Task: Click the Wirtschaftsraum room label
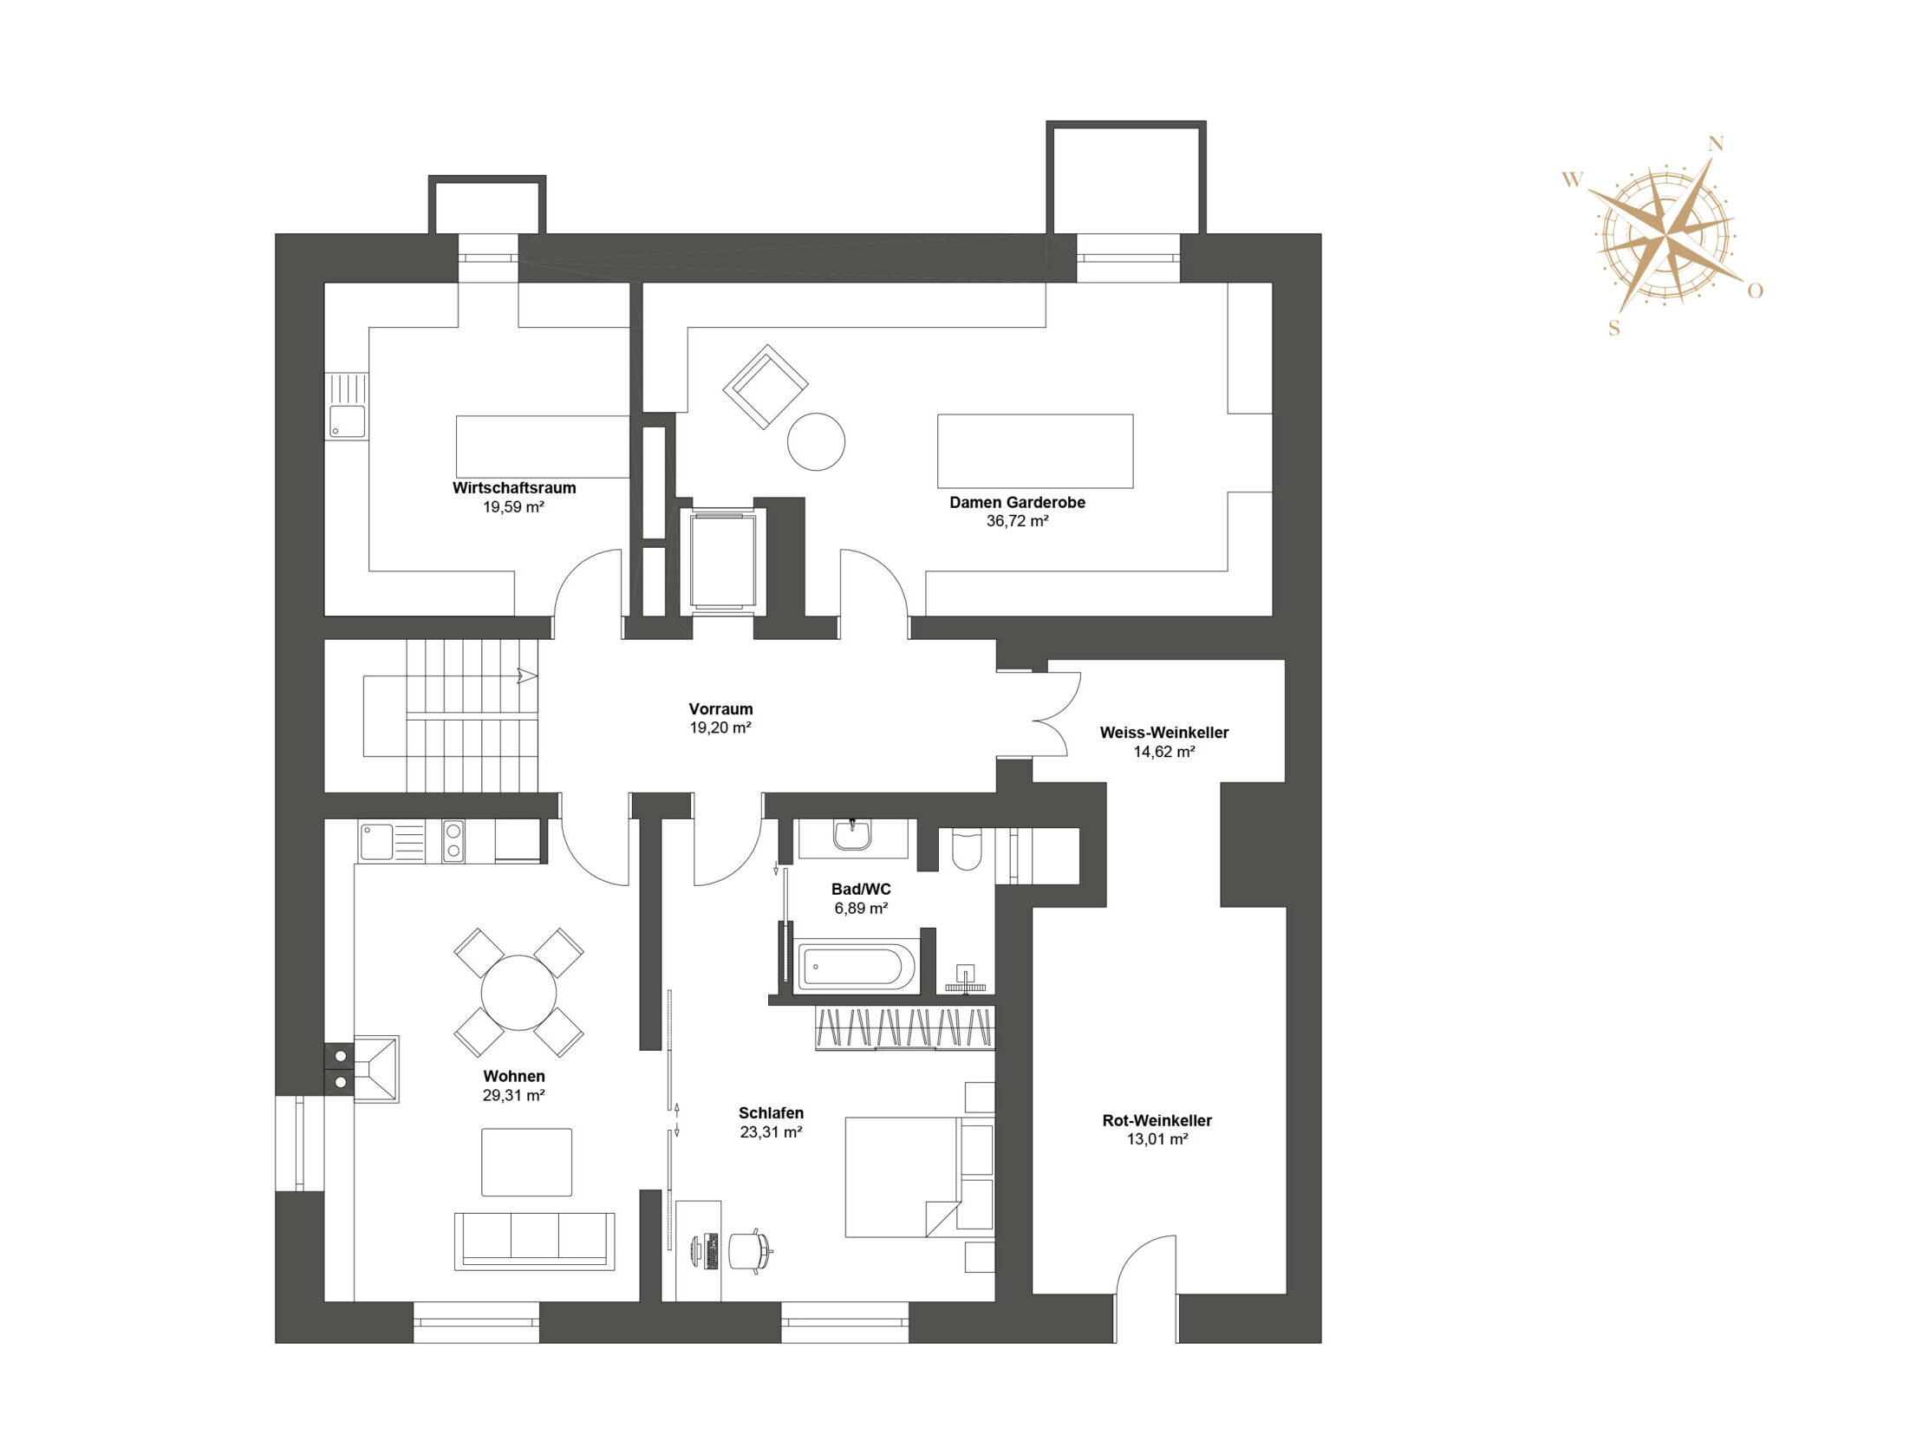tap(514, 488)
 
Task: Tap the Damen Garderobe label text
tap(1017, 502)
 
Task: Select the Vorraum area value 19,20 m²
tap(720, 728)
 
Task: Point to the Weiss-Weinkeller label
tap(1164, 733)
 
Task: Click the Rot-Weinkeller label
tap(1157, 1120)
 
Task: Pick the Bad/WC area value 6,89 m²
tap(861, 909)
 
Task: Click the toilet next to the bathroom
tap(966, 850)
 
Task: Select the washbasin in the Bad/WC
tap(853, 836)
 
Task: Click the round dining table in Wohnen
tap(518, 993)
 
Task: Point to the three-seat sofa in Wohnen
tap(535, 1241)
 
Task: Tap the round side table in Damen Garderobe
tap(816, 441)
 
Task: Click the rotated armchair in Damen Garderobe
tap(766, 387)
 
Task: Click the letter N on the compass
tap(1716, 145)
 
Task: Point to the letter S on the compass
tap(1613, 329)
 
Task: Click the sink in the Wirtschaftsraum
tap(347, 421)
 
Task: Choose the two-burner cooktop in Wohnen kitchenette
tap(453, 841)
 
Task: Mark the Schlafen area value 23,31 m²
tap(771, 1131)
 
